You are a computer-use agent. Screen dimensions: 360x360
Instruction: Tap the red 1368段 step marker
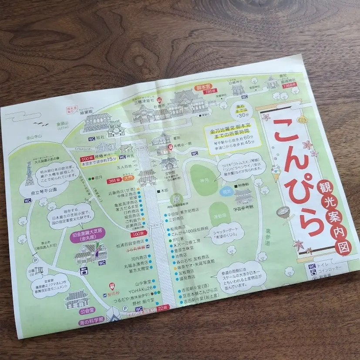tap(288, 86)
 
